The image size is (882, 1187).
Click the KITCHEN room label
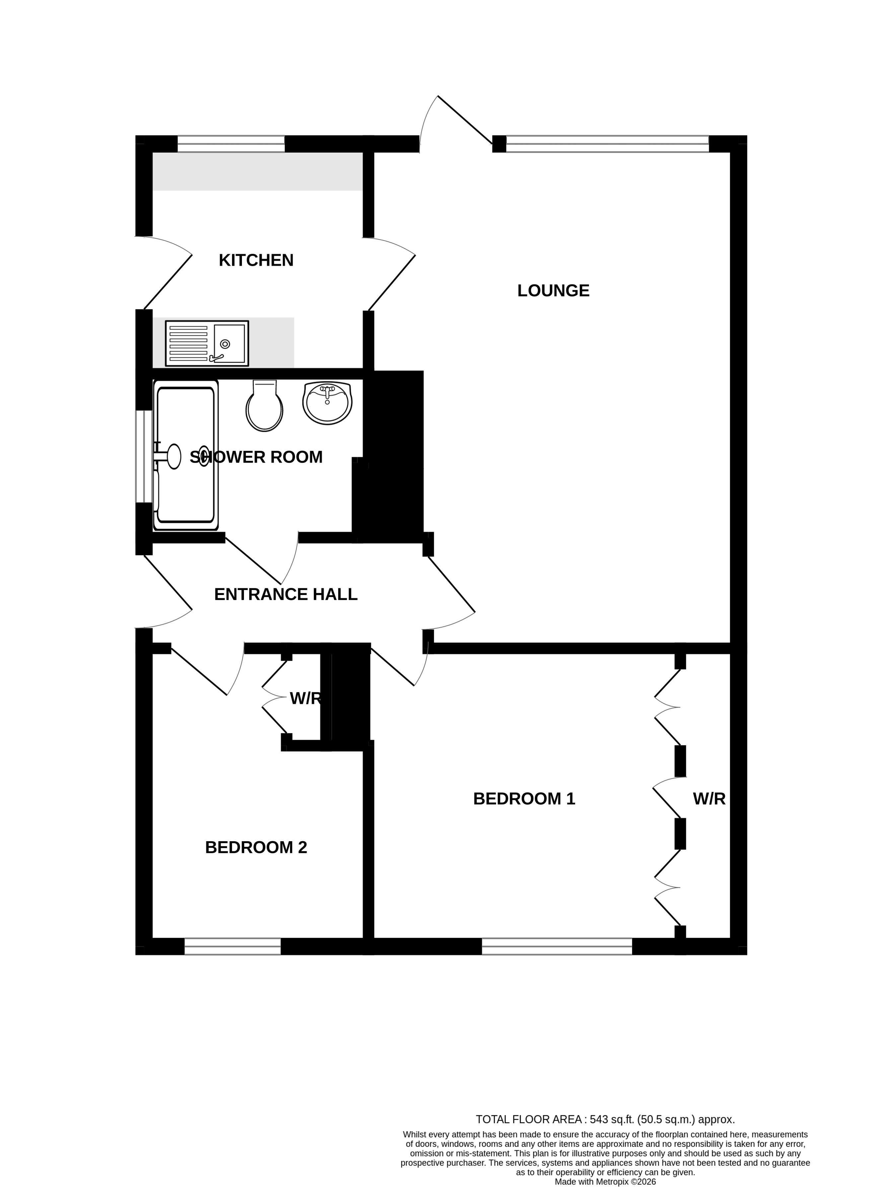[x=256, y=260]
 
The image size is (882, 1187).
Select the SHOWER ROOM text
[x=256, y=457]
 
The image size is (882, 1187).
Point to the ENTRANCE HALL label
[x=286, y=594]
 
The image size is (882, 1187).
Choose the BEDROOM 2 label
[x=256, y=848]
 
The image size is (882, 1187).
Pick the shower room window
[x=144, y=457]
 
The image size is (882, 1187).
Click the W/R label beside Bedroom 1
[x=709, y=799]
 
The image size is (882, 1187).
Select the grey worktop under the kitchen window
[x=257, y=171]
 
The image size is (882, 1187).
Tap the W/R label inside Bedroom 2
[x=305, y=699]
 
